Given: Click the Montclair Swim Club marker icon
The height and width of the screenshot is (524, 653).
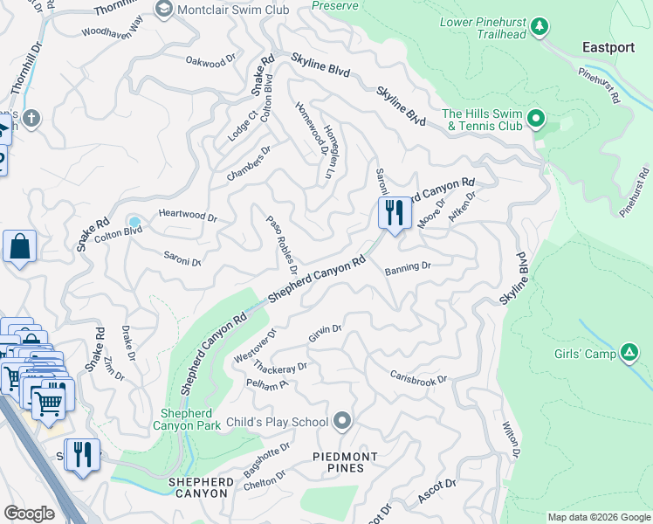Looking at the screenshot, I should click(x=163, y=8).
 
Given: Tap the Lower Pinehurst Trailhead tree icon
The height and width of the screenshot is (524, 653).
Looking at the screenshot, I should click(x=540, y=27).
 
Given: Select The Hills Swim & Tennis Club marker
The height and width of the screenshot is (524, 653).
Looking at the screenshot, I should click(x=536, y=117).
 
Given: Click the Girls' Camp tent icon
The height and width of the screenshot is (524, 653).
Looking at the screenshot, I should click(x=629, y=354).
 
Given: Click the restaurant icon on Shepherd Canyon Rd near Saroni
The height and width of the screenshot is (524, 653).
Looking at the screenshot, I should click(x=395, y=212).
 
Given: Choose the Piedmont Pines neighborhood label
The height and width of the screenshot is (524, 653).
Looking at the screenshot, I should click(x=346, y=463).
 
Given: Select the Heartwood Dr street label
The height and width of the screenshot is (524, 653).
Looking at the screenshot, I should click(x=187, y=214).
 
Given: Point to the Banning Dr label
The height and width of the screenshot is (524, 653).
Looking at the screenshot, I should click(x=408, y=266).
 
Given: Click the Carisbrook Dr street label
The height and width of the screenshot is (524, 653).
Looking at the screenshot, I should click(x=418, y=379).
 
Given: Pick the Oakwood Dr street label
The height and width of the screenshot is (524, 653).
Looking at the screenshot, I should click(x=210, y=61).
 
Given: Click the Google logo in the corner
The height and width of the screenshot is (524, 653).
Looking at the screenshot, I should click(x=30, y=514).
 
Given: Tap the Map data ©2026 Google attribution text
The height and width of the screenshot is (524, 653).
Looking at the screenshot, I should click(x=599, y=517).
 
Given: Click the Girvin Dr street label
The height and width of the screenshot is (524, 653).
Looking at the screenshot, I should click(x=324, y=333).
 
